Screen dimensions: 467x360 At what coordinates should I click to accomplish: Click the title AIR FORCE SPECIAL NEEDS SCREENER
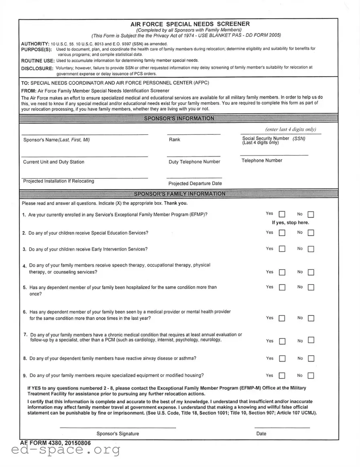pos(190,24)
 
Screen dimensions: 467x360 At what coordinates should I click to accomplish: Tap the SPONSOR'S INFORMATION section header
pos(179,118)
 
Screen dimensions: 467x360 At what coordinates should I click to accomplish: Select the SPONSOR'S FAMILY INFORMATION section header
pos(179,194)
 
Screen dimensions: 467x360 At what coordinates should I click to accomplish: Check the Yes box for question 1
pos(282,214)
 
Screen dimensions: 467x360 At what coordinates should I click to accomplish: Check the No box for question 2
pos(311,233)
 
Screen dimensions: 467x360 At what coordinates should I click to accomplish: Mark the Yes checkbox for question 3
pos(282,249)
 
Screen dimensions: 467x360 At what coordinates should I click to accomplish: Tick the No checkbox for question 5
pos(311,288)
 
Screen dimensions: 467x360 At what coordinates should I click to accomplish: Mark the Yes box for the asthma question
pos(282,359)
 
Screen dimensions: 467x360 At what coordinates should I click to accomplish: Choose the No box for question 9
pos(311,376)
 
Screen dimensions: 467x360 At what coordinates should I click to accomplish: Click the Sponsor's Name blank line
pos(84,133)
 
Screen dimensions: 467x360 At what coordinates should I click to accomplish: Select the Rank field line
pos(194,133)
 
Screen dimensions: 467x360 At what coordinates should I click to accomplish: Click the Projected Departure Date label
pos(195,184)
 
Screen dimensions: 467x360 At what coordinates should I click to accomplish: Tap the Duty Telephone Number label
pos(194,162)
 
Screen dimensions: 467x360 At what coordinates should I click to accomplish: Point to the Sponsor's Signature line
pos(118,427)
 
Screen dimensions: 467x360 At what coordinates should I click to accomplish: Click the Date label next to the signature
pos(261,434)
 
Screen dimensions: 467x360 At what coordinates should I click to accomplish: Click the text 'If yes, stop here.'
pos(290,223)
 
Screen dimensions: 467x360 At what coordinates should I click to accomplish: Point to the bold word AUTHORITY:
pos(35,44)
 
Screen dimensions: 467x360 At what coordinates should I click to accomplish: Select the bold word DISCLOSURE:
pos(37,68)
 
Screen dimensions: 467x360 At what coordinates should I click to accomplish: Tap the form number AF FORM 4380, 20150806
pos(55,443)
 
